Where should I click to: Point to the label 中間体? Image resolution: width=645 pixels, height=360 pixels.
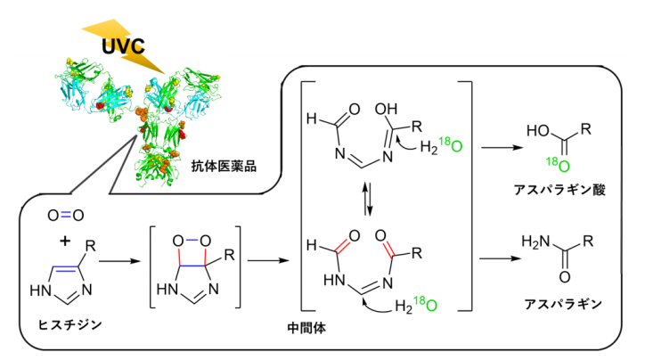click(x=306, y=331)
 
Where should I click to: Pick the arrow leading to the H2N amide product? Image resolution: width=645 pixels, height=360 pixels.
click(x=501, y=259)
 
